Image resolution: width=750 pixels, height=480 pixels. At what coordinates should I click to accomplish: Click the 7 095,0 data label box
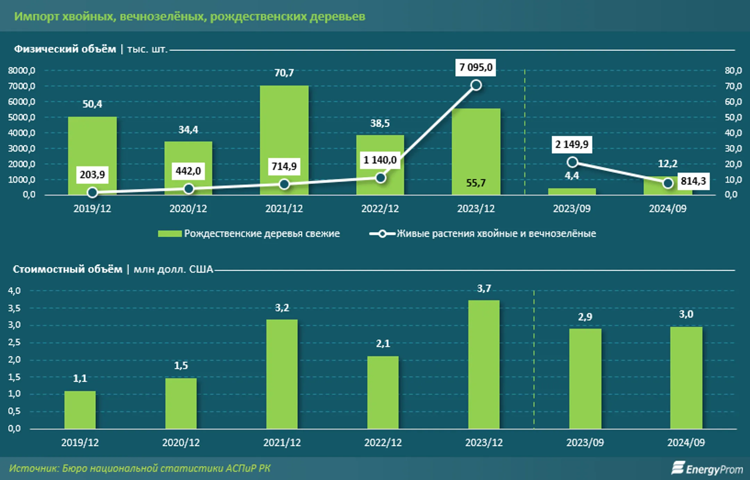pos(476,67)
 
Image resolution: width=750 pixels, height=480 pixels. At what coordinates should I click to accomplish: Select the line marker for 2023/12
pos(476,85)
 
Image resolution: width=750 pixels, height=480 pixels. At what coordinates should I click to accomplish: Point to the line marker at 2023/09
pos(572,162)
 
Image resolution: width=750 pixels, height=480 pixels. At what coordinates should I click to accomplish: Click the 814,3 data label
pos(693,181)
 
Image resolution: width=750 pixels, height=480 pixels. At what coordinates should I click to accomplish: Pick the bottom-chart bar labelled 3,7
pos(484,364)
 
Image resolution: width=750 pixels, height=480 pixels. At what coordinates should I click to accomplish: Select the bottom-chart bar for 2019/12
pos(80,410)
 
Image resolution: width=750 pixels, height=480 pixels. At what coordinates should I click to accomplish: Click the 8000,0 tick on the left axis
pos(22,70)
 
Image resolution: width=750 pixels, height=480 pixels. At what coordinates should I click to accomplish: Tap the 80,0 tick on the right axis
pos(733,70)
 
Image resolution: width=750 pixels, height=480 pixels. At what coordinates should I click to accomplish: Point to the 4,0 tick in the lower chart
pos(14,290)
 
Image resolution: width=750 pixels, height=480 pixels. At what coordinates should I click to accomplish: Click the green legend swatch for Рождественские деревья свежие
pos(169,234)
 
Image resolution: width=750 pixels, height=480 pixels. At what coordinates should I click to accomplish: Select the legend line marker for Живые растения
pos(382,234)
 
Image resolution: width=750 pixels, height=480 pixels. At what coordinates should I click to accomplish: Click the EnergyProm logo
pos(707,469)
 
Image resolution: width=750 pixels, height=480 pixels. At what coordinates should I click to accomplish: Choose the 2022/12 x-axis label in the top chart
pos(380,209)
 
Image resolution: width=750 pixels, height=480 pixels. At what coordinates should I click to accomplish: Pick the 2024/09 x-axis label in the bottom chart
pos(686,443)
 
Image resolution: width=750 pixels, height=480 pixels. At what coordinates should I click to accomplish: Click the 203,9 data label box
pos(92,174)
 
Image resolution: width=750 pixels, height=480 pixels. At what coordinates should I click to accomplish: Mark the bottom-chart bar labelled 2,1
pos(383,392)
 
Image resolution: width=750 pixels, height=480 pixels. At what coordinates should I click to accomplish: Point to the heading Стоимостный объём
pos(68,269)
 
